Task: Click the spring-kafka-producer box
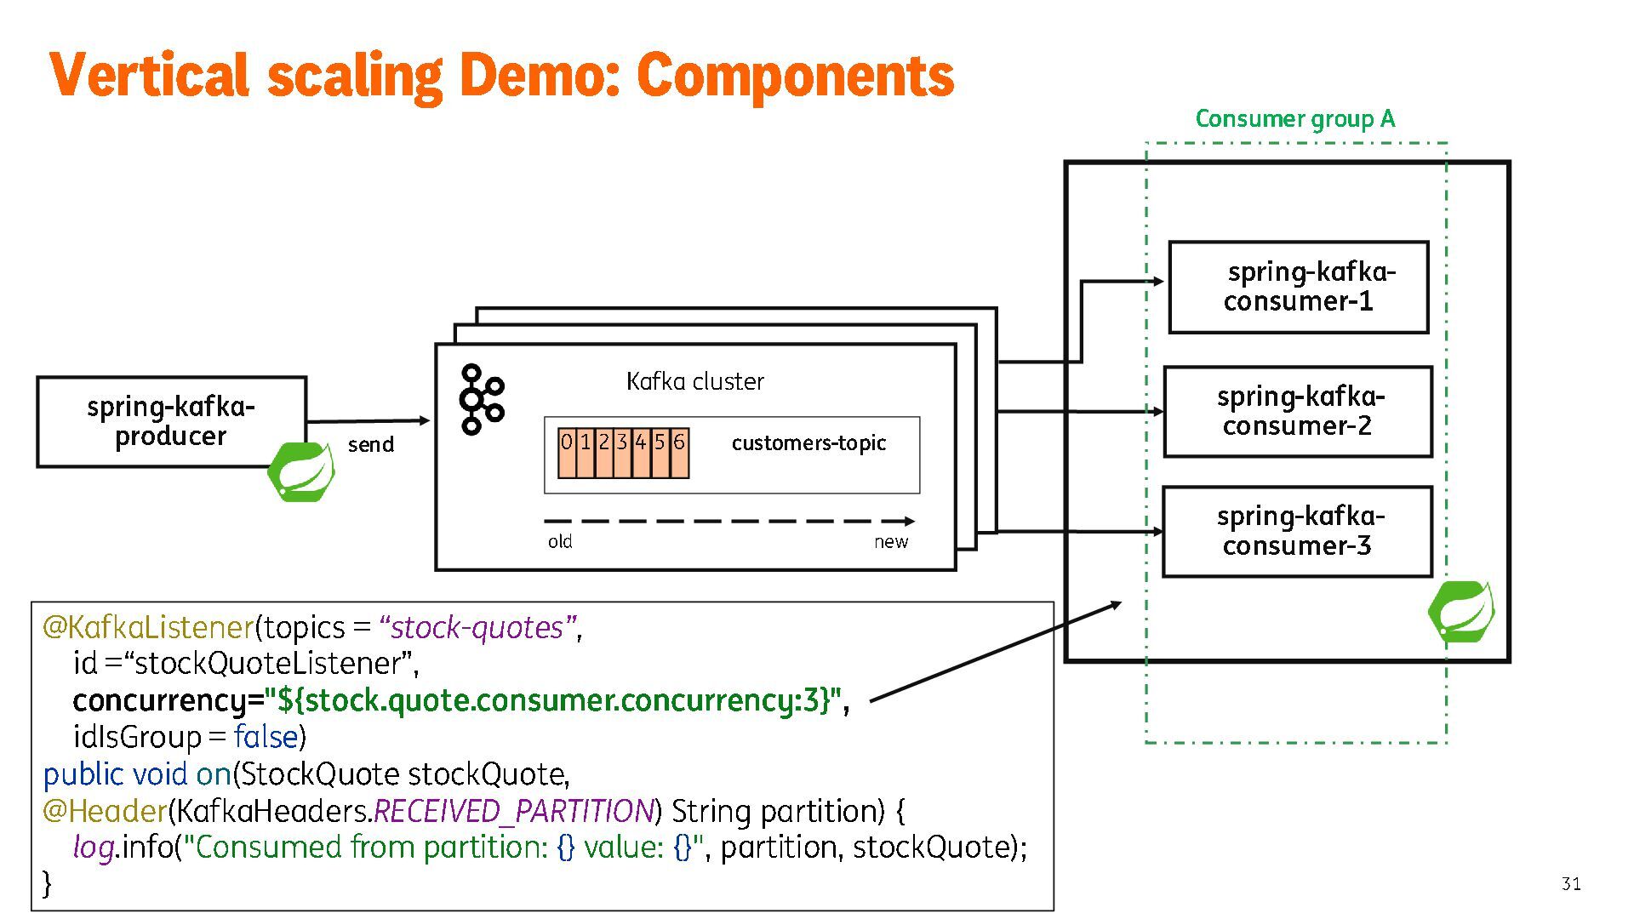(x=171, y=421)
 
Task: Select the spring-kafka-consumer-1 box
(x=1298, y=287)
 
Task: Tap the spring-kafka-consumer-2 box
(x=1298, y=411)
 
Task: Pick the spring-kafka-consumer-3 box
(x=1298, y=531)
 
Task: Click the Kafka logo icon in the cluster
(x=481, y=399)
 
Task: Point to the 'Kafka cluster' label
(x=694, y=381)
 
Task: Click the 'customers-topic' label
(x=808, y=442)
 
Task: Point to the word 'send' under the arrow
(x=370, y=444)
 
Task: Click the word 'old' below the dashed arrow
(x=560, y=542)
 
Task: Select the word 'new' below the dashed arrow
(x=890, y=542)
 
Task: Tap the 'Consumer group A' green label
(x=1294, y=119)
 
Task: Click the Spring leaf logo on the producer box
(x=301, y=471)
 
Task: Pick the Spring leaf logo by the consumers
(x=1460, y=611)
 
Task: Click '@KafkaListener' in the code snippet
(x=148, y=627)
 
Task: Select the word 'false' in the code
(x=266, y=736)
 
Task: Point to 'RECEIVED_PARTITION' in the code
(x=513, y=811)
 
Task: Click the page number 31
(x=1571, y=883)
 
